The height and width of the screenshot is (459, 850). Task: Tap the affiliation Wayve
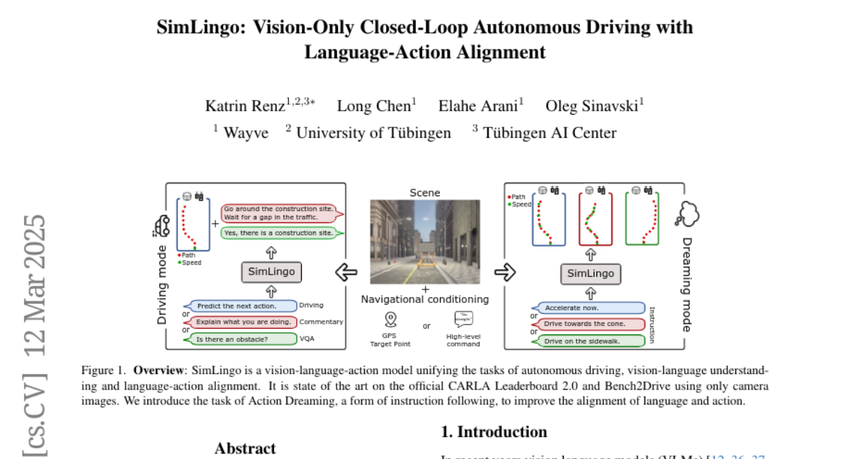click(246, 132)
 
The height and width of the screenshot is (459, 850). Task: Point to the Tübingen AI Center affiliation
click(550, 132)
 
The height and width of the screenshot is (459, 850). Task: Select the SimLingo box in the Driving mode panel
click(271, 271)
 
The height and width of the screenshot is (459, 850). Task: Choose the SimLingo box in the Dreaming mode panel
click(591, 274)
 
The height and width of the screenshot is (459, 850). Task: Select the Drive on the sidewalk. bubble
click(591, 341)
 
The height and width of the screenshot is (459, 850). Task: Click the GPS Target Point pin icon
click(390, 319)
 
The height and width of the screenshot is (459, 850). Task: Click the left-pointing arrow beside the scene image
click(346, 272)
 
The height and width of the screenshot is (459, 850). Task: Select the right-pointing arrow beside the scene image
click(504, 273)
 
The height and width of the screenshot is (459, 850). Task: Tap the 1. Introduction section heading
click(494, 432)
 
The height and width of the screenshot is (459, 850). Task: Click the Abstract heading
click(245, 448)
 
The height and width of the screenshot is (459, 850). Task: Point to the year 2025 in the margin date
click(35, 240)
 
